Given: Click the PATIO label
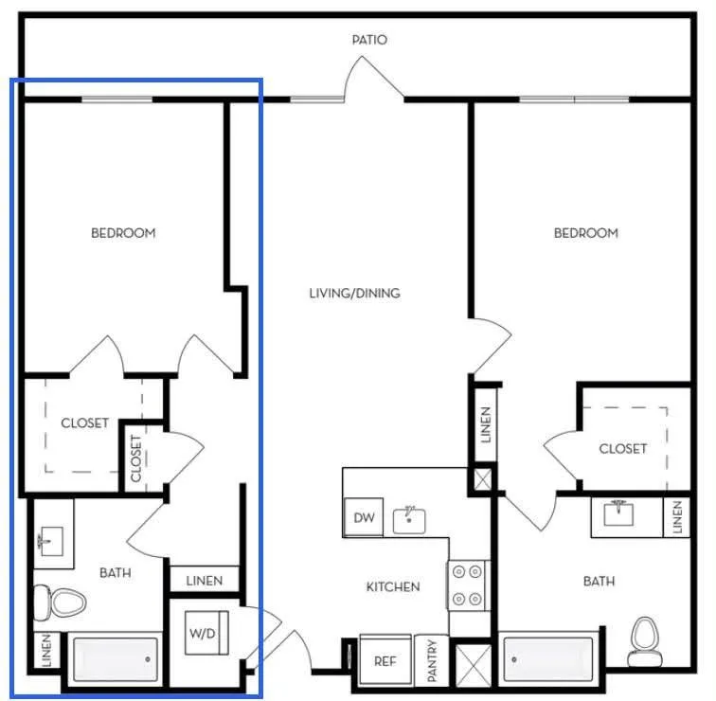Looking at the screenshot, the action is (x=369, y=40).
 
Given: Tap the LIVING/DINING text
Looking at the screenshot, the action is (x=355, y=293).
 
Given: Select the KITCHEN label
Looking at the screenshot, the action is (x=393, y=586).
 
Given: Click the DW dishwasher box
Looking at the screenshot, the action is (x=364, y=517).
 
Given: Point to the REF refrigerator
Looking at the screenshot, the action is (x=385, y=660).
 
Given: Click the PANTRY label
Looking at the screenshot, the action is (x=432, y=660).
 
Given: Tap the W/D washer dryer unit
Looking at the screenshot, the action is (x=206, y=633).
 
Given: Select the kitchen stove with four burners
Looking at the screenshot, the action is (x=467, y=585).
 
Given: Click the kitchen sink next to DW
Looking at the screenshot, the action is (x=409, y=520).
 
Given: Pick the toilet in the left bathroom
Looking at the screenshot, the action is (x=61, y=602).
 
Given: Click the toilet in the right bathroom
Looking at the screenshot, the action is (x=644, y=641).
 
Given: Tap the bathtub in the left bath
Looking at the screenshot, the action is (x=116, y=659).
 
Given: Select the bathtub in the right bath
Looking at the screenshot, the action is (x=548, y=659).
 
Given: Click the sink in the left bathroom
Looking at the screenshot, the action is (x=51, y=541).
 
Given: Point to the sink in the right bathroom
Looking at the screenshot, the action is (x=618, y=512).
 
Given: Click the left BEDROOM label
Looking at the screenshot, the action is (x=123, y=233).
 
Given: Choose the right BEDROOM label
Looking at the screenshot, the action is (x=586, y=233).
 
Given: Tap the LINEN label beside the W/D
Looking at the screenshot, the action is (x=205, y=581).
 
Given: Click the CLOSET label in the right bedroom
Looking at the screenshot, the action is (x=623, y=448).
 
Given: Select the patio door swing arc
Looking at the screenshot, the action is (x=354, y=68).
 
